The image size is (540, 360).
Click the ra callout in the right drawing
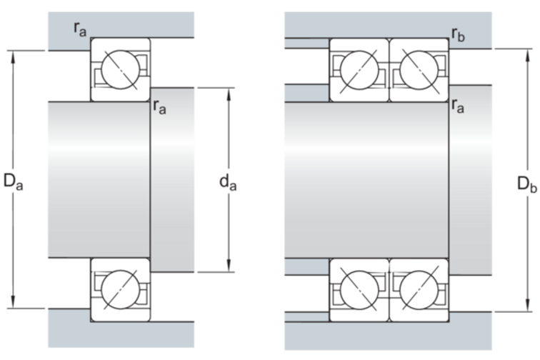click(458, 107)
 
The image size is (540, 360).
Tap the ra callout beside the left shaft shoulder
click(160, 108)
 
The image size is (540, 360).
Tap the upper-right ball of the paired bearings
click(416, 70)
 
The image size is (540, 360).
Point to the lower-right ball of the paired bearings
click(416, 289)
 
